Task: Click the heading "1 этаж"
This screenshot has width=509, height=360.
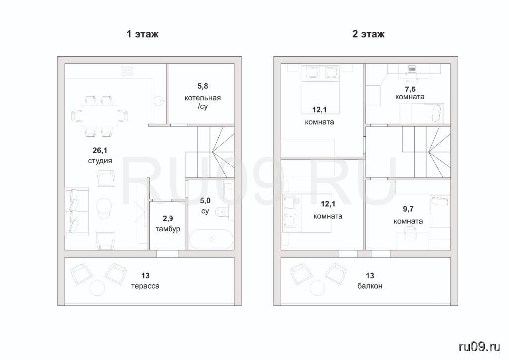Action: point(142,34)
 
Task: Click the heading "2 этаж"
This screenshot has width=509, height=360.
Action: point(368,34)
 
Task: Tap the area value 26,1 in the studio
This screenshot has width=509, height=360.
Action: point(100,150)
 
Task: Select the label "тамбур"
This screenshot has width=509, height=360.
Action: point(168,229)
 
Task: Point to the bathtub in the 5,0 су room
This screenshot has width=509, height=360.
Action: point(211,239)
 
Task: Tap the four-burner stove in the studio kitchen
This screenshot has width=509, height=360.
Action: point(127,71)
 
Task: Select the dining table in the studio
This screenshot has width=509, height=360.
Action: point(99,116)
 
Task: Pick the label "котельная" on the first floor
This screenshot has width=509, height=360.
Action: point(203,98)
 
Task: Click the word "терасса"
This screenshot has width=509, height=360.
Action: point(145,286)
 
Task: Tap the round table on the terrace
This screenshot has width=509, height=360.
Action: point(97,288)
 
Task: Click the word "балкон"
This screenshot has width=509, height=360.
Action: point(370,286)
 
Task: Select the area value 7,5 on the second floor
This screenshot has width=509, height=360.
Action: point(410,90)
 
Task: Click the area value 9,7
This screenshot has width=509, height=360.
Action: point(408,209)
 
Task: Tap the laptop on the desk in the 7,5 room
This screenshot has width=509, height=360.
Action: point(412,68)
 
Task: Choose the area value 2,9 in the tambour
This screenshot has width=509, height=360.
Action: point(168,218)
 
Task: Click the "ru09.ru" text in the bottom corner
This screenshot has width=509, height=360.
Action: point(480,347)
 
